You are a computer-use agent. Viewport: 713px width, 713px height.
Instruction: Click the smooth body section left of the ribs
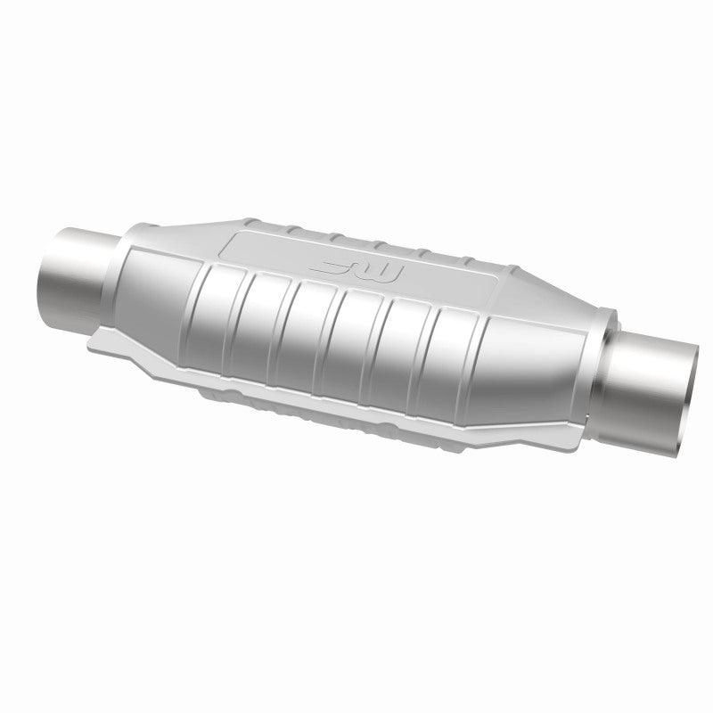[x=156, y=267]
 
